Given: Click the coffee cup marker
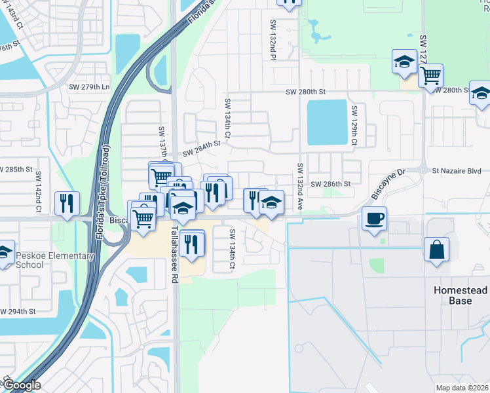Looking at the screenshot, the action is pyautogui.click(x=373, y=218).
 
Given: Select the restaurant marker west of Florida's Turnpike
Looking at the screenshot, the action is pyautogui.click(x=67, y=203).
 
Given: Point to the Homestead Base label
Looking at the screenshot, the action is pyautogui.click(x=461, y=295).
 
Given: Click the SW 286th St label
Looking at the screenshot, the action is pyautogui.click(x=331, y=185).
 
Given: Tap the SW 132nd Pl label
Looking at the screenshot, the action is pyautogui.click(x=273, y=39).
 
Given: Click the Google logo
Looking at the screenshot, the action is pyautogui.click(x=21, y=386).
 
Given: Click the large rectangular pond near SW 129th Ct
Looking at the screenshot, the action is pyautogui.click(x=326, y=122).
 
